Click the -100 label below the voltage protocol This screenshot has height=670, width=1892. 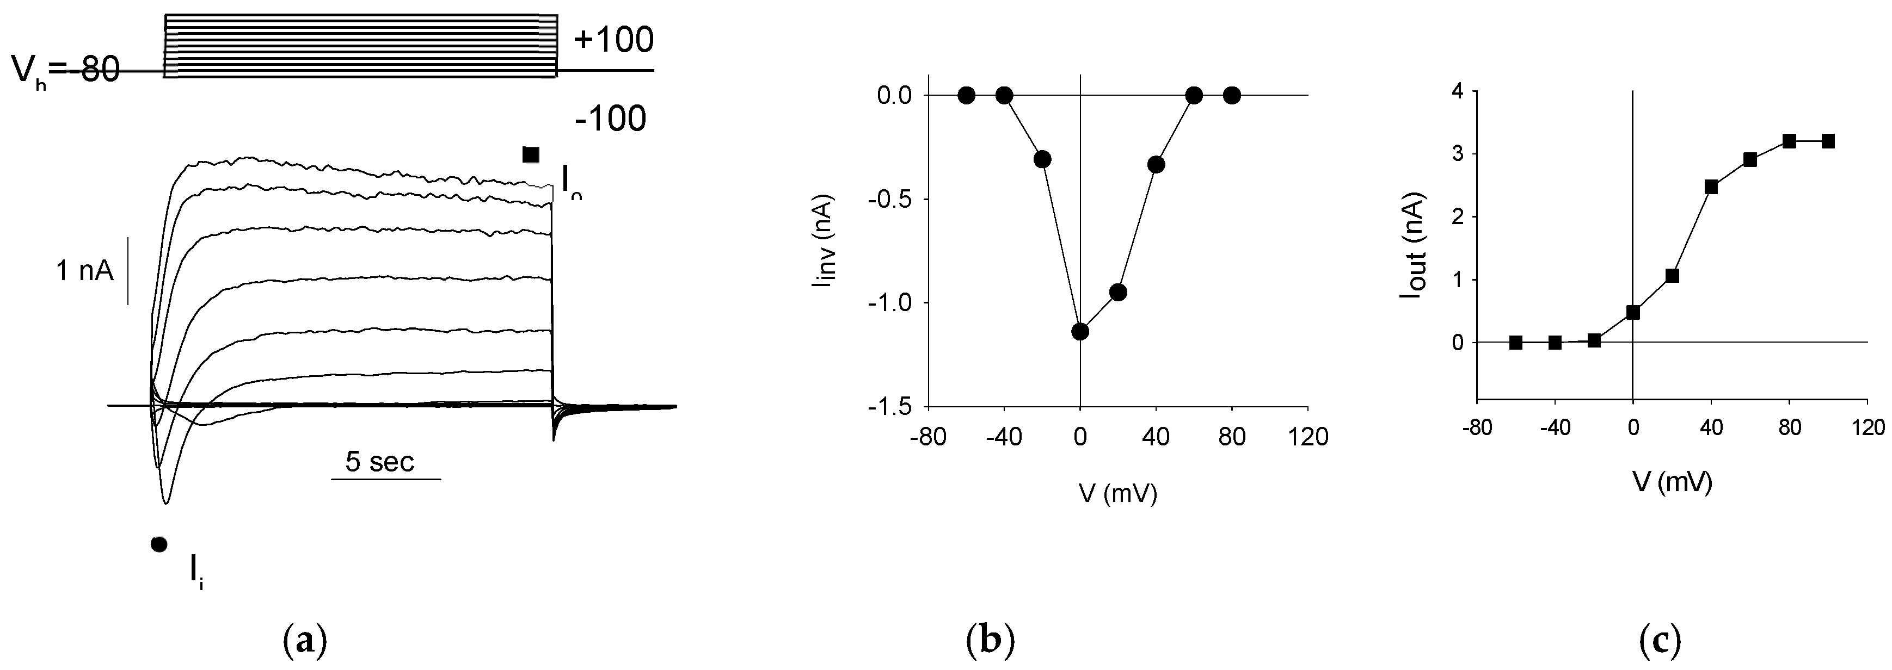click(610, 119)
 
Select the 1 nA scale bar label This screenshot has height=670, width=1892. click(84, 271)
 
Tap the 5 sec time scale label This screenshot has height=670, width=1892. click(380, 462)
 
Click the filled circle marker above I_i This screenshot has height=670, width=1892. click(158, 544)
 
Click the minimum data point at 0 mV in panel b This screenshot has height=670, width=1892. click(1080, 332)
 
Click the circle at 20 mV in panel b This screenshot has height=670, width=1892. click(1118, 292)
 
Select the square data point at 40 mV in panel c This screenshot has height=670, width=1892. click(1711, 187)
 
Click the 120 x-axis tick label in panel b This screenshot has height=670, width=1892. click(1308, 437)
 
